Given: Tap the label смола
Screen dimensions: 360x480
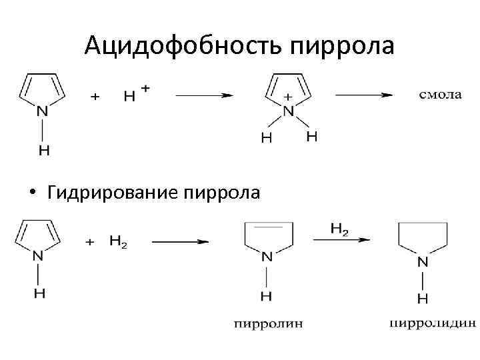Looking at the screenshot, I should [440, 95].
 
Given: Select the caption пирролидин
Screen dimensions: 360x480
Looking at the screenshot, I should [432, 324].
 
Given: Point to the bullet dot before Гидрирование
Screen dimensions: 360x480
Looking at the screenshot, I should [31, 193].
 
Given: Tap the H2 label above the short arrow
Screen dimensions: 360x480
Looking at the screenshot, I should [339, 229].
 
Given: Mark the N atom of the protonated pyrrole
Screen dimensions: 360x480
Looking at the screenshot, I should [288, 112].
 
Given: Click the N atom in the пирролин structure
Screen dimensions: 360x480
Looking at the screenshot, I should [267, 255].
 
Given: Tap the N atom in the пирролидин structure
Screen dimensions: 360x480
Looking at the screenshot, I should [422, 261].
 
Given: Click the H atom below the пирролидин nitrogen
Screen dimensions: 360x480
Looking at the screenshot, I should [422, 297].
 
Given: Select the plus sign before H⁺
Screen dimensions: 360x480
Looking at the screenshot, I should [95, 96].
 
